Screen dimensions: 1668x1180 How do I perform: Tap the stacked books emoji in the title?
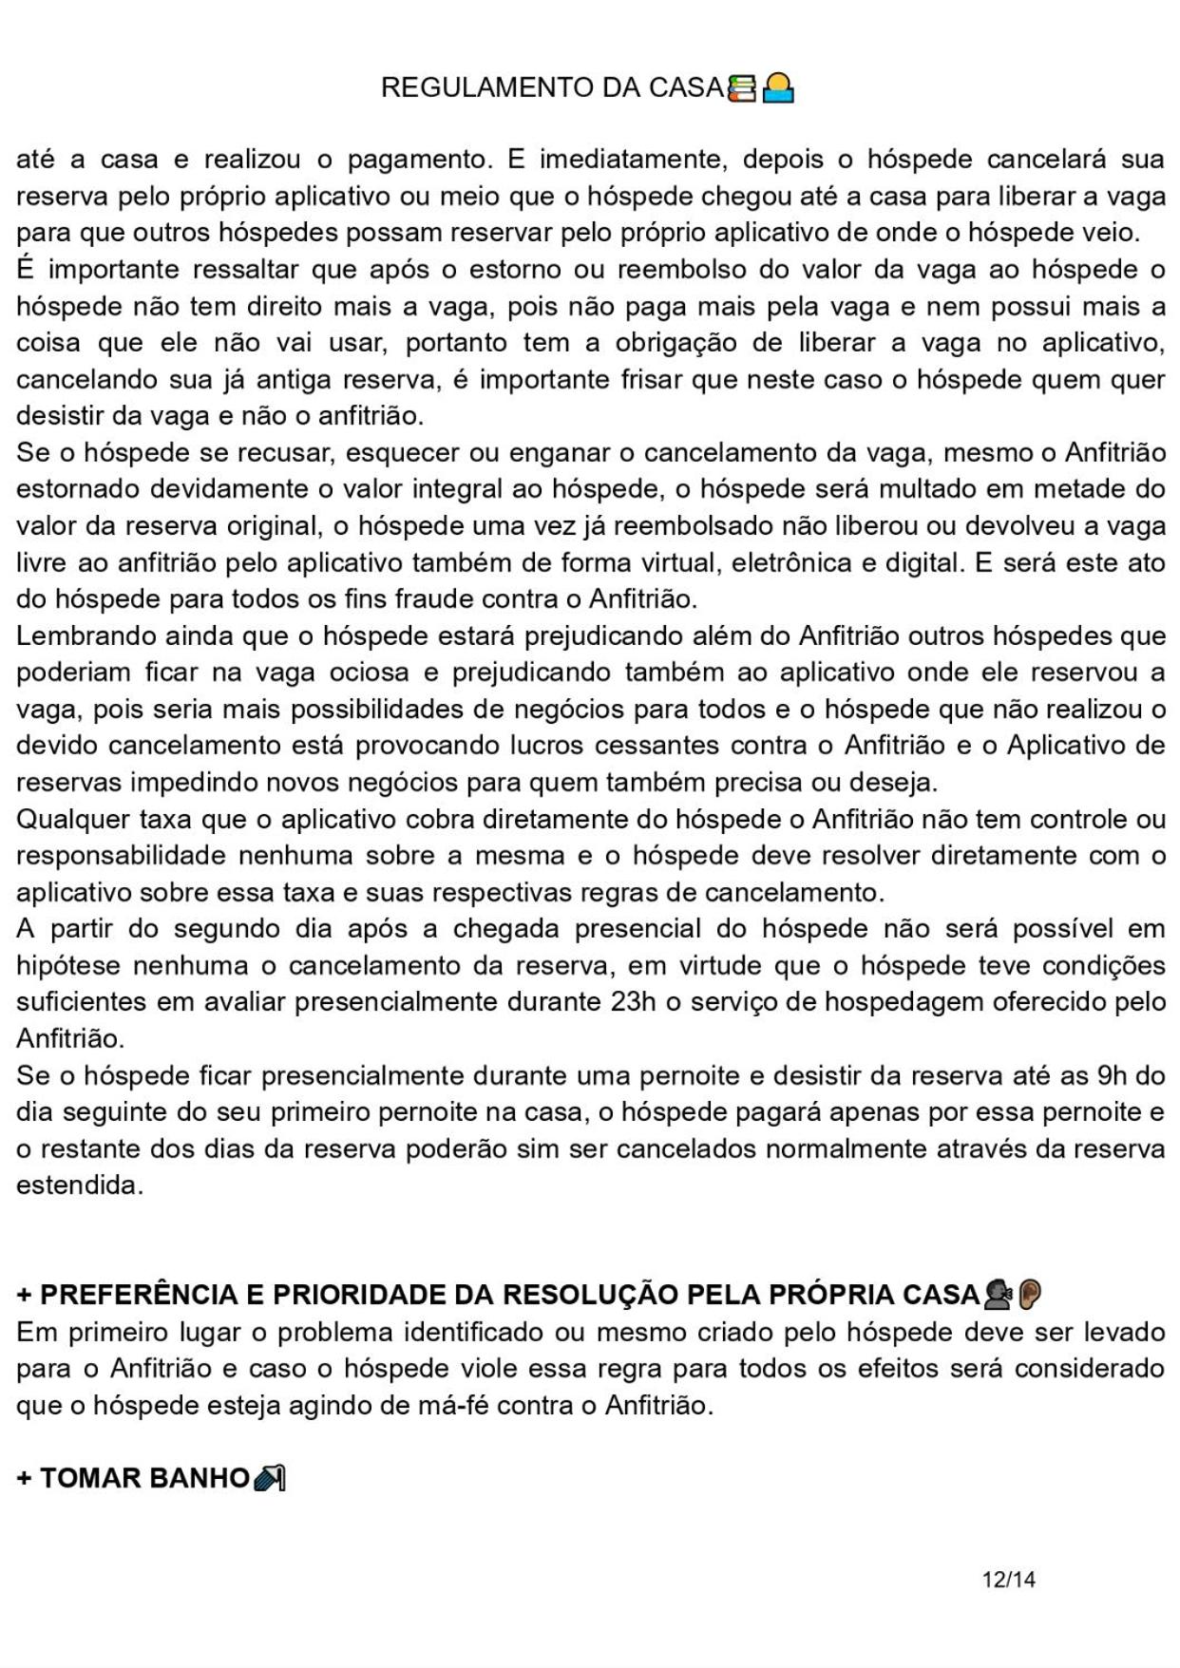741,88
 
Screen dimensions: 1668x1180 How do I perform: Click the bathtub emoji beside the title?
778,88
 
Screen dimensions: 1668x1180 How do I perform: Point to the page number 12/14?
1008,1580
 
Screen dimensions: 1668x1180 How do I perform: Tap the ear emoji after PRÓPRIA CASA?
1030,1294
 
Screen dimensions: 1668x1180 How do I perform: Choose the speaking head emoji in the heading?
999,1294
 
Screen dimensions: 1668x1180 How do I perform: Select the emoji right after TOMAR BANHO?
270,1478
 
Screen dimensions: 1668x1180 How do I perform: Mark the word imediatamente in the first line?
625,160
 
